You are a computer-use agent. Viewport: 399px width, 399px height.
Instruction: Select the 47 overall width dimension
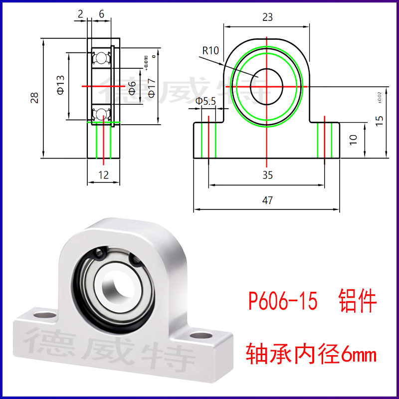[267, 200]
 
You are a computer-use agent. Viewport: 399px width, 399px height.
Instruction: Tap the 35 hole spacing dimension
[267, 176]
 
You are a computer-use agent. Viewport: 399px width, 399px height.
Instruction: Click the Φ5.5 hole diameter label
[205, 102]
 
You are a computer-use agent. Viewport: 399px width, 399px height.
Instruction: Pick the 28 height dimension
[34, 98]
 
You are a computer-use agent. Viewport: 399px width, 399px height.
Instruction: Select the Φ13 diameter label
[60, 85]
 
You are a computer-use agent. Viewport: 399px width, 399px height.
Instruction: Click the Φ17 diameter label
[151, 88]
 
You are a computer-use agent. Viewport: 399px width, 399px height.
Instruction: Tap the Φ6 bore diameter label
[132, 88]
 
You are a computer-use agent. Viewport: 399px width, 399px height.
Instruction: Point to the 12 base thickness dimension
[103, 175]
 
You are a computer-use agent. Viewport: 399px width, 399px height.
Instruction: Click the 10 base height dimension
[354, 139]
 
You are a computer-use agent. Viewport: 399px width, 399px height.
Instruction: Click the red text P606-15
[283, 302]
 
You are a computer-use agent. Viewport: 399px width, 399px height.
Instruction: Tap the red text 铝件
[357, 302]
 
